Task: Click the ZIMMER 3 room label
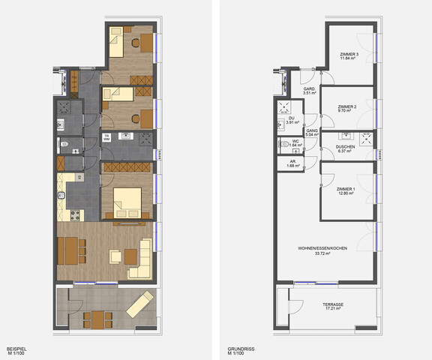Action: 348,55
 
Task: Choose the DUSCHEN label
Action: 345,146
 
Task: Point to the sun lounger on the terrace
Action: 139,304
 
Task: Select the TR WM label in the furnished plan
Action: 106,137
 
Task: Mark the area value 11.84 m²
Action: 348,59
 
